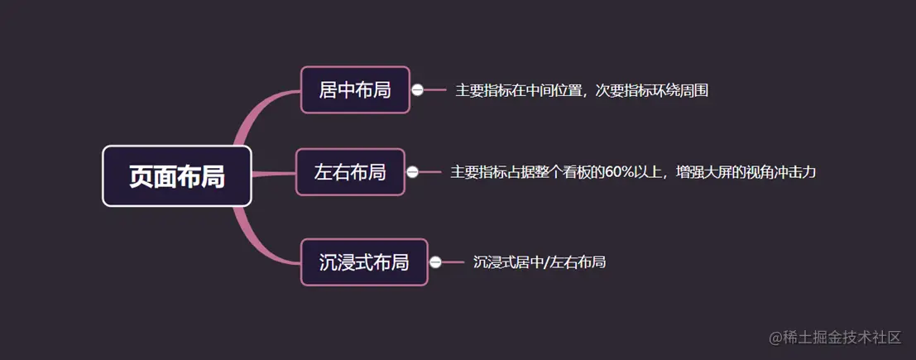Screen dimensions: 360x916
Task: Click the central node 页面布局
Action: [x=176, y=175]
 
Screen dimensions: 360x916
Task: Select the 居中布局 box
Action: [x=354, y=89]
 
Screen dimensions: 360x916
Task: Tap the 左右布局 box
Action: [x=350, y=172]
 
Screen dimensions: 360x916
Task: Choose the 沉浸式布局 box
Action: [x=364, y=262]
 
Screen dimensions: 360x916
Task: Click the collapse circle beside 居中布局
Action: [x=418, y=90]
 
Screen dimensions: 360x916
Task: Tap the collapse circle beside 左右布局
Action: [x=413, y=172]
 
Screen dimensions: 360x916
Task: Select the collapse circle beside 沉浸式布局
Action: [x=435, y=262]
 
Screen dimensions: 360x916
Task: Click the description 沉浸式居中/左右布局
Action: [x=540, y=262]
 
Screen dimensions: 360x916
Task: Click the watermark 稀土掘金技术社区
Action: [x=842, y=337]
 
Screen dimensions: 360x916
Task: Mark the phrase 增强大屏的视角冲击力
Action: [x=746, y=172]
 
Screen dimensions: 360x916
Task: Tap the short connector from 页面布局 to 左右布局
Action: [x=273, y=174]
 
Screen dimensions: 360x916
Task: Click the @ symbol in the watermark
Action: [x=775, y=338]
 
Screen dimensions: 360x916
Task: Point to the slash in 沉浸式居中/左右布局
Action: [x=546, y=262]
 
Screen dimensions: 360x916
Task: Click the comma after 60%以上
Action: [x=667, y=175]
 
